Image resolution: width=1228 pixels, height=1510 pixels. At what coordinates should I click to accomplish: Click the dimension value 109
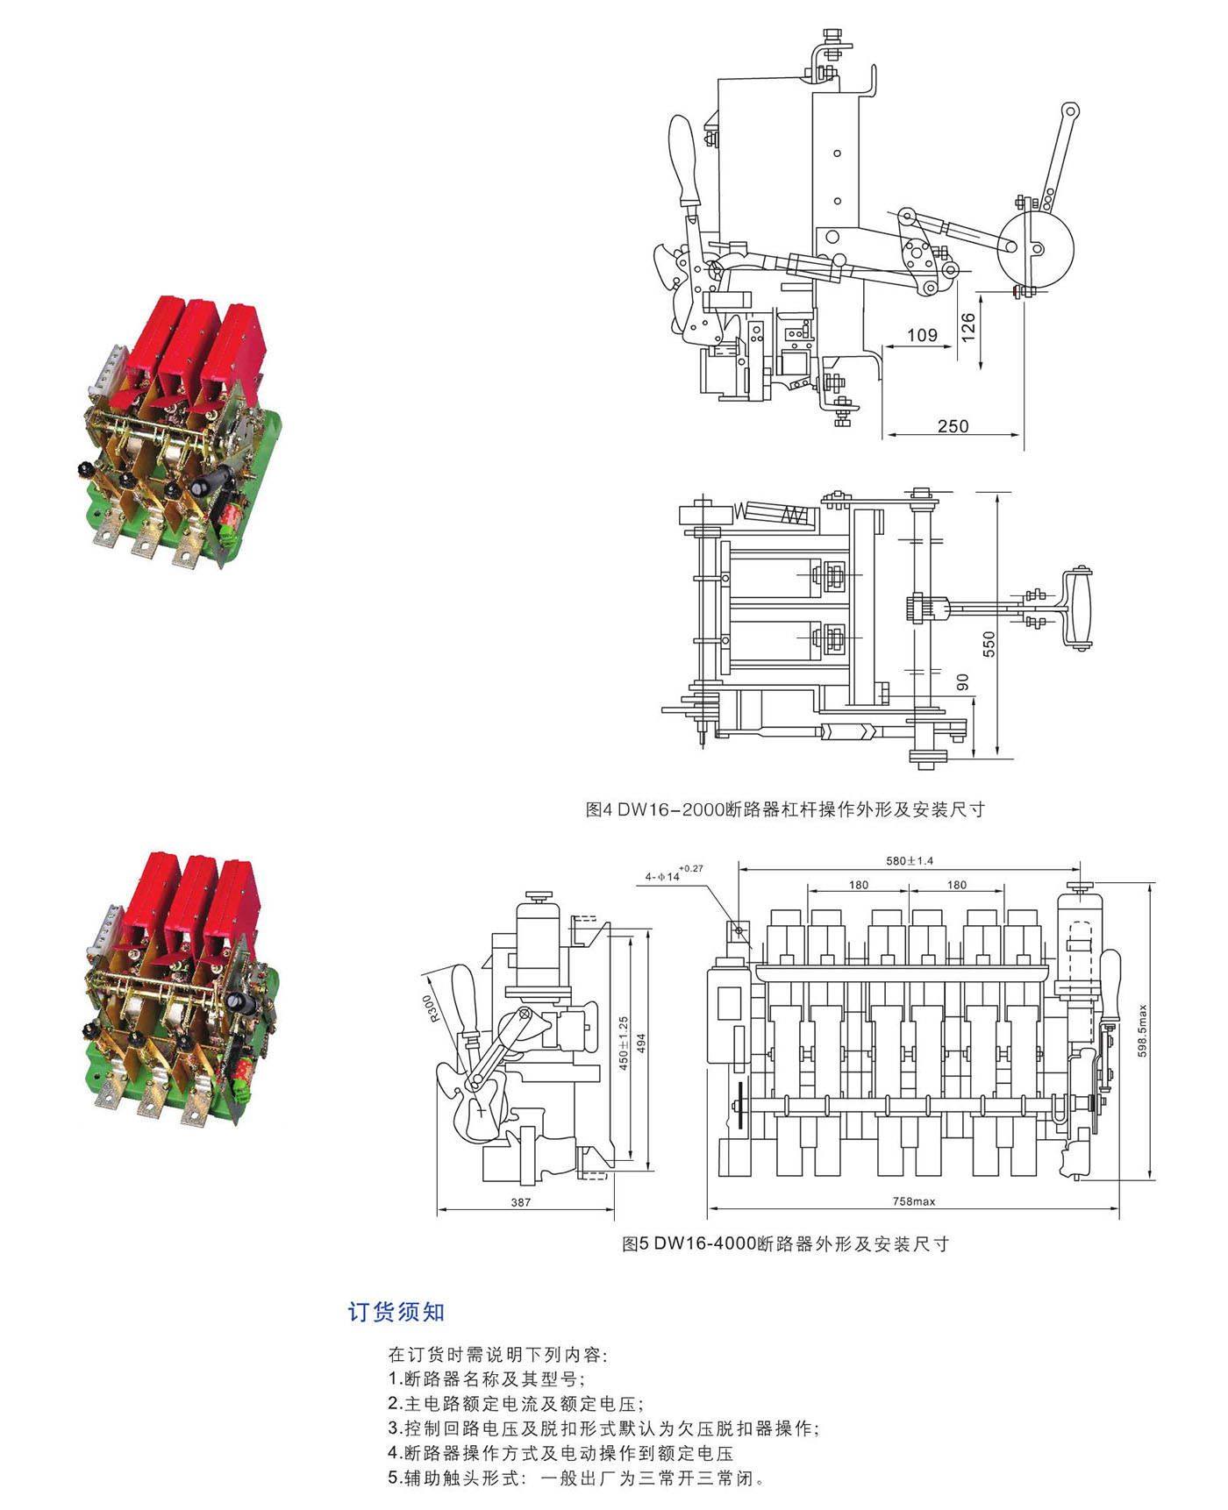(922, 335)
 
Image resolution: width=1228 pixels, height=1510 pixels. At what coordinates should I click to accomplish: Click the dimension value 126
(967, 326)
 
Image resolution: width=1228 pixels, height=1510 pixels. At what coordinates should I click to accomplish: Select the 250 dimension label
(953, 426)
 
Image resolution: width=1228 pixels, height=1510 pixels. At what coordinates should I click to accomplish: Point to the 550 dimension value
(989, 644)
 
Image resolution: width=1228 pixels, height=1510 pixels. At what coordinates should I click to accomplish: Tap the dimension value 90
(962, 681)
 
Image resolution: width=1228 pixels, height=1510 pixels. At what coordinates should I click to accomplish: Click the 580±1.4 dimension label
(910, 861)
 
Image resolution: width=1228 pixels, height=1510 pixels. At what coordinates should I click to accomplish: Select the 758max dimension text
(914, 1201)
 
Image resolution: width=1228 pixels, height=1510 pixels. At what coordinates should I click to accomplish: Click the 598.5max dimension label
(1142, 1030)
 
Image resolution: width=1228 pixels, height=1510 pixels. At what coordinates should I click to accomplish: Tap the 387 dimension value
(521, 1202)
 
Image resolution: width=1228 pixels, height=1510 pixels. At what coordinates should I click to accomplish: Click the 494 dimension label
(641, 1043)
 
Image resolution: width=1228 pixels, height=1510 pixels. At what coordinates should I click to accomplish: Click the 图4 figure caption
(785, 809)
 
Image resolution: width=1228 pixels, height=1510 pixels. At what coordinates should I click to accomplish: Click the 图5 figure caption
(785, 1243)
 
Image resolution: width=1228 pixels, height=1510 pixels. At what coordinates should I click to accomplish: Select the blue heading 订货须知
(396, 1312)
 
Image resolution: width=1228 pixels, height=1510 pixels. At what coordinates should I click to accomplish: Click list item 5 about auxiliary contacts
(577, 1478)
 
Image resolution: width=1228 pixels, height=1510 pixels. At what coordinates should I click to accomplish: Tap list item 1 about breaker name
(487, 1379)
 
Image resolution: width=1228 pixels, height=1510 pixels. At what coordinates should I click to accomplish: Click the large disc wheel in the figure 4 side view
(1035, 247)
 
